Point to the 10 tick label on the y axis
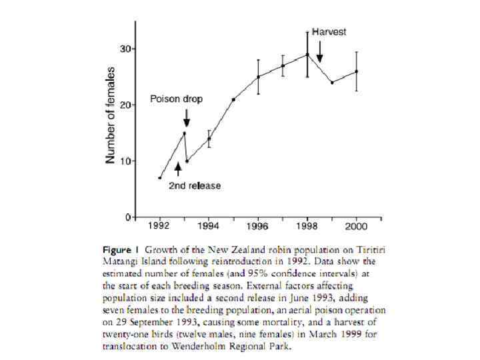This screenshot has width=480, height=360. click(x=125, y=161)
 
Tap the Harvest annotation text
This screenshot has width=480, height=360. click(x=331, y=31)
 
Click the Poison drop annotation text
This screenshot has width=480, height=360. click(x=176, y=99)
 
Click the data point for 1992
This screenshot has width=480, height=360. click(x=160, y=178)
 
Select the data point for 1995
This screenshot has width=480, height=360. click(x=233, y=99)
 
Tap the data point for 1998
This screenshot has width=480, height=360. click(x=307, y=55)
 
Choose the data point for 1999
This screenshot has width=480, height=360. click(x=332, y=83)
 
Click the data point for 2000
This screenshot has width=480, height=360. click(x=357, y=71)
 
